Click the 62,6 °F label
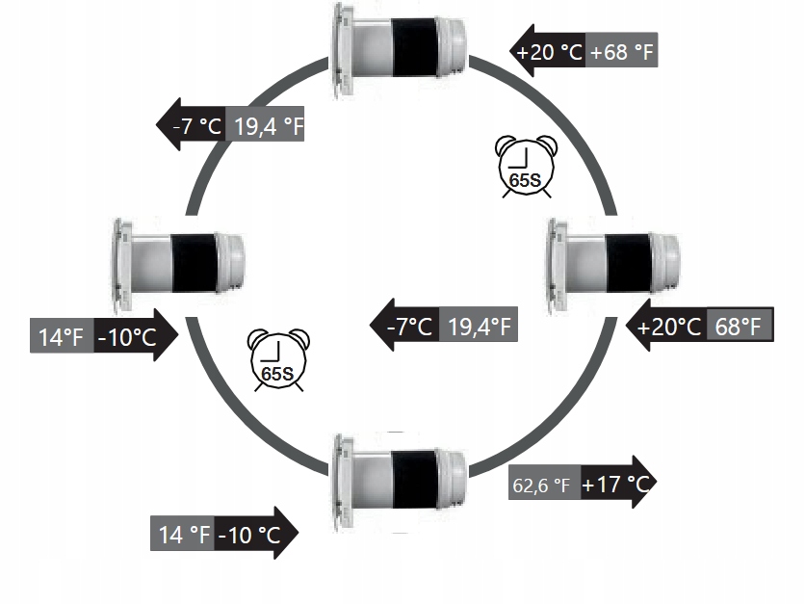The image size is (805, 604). pos(541,486)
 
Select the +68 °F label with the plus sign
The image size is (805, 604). pos(622,52)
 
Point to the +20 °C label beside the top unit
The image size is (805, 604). pos(551,52)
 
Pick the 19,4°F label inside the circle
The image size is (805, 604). pos(480,326)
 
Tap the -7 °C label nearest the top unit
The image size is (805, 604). pos(197,125)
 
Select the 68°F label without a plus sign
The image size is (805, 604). pos(740,326)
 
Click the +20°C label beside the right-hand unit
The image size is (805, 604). pos(668,326)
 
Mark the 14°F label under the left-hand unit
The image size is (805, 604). pos(62,337)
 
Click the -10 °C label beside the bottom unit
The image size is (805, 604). pos(248,533)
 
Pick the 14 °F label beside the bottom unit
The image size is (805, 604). pos(183,533)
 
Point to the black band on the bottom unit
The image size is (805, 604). pos(414,472)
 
